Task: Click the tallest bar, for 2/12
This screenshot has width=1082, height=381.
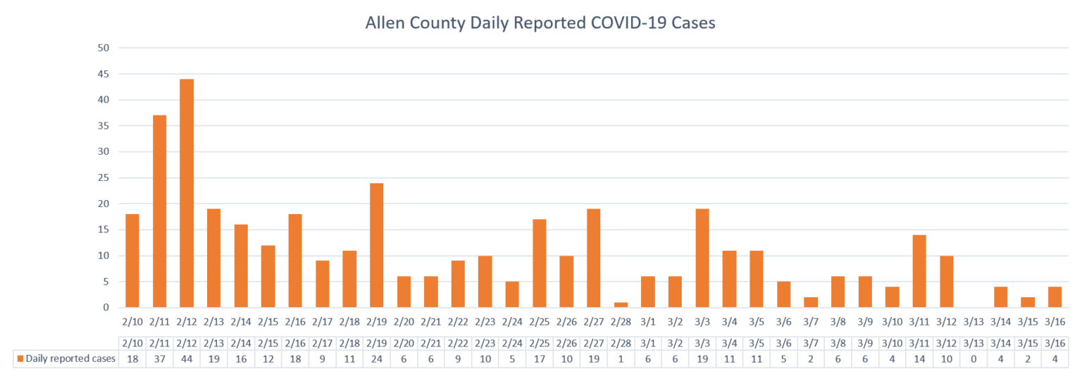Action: tap(187, 193)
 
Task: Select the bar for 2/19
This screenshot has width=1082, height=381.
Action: tap(376, 245)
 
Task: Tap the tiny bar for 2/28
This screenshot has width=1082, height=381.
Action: tap(621, 305)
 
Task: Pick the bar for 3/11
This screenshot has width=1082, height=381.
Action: tap(919, 271)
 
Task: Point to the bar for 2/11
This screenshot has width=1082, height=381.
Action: tap(159, 211)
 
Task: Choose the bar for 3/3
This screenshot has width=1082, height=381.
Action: tap(702, 258)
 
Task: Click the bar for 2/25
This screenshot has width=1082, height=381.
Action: tap(540, 263)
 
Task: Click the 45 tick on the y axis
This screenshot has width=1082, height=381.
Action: tap(104, 74)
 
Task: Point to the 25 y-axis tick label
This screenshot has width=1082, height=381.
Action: tap(104, 177)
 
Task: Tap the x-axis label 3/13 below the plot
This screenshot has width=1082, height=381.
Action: tap(974, 322)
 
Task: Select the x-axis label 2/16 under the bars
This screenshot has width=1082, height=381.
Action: tap(295, 322)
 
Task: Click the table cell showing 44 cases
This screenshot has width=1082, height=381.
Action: tap(187, 358)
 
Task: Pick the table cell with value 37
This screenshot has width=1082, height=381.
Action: tap(159, 358)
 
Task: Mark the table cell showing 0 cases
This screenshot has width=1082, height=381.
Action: tap(974, 358)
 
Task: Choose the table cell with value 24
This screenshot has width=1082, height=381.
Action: tap(376, 358)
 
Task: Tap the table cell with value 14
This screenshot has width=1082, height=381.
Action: tap(919, 358)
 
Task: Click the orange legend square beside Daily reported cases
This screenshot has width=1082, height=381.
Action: tap(20, 358)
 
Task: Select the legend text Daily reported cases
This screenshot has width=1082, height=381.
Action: tap(70, 358)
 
